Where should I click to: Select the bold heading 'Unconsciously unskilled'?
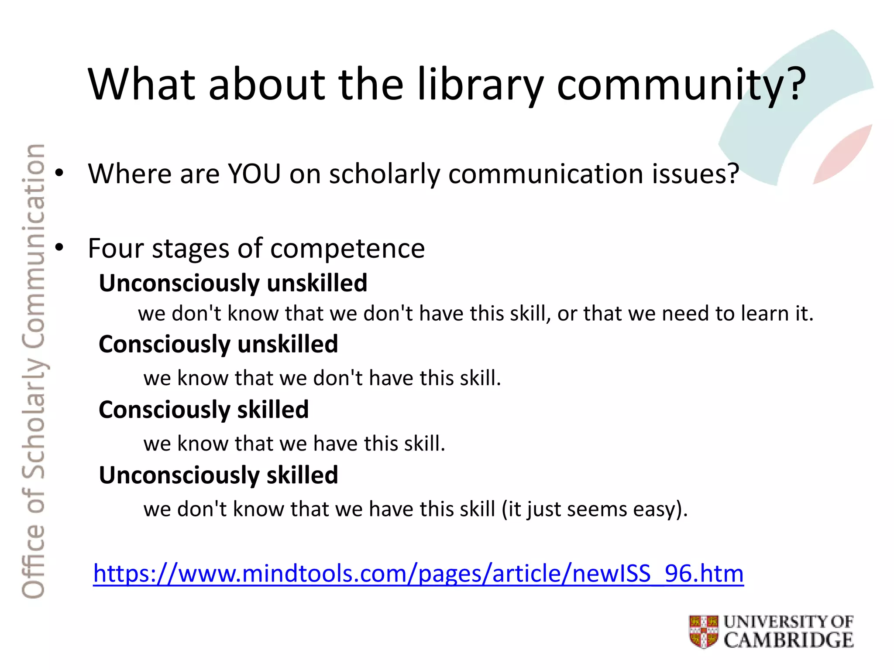point(233,283)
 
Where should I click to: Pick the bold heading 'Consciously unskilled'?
point(218,344)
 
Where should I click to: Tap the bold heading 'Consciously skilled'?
point(203,410)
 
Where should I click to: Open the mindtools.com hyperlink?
point(418,573)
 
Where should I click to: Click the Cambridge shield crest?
point(703,631)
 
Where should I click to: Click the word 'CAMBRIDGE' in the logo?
point(788,640)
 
